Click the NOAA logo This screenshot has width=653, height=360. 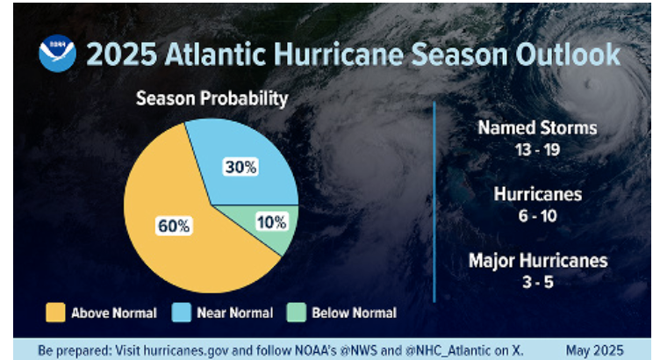(x=57, y=54)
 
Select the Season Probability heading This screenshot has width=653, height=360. (x=211, y=98)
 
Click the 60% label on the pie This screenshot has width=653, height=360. (x=174, y=226)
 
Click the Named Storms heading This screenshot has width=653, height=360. (x=537, y=128)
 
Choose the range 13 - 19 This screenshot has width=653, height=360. (x=537, y=149)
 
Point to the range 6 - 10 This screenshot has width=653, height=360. (x=537, y=215)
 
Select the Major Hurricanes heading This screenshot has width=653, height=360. (x=537, y=261)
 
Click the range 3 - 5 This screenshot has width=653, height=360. (x=537, y=282)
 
